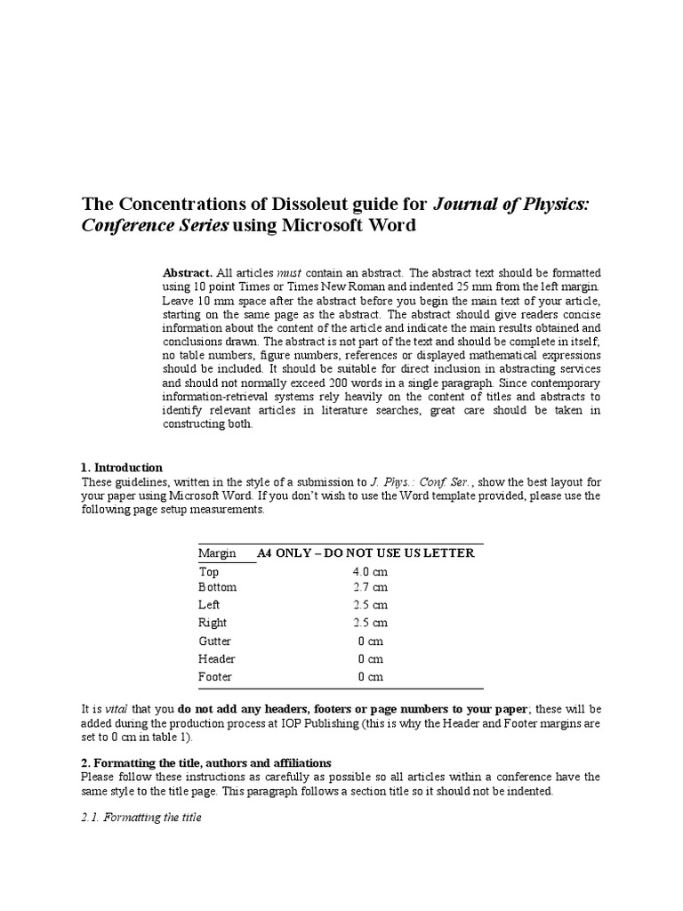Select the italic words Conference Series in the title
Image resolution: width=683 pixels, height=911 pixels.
(156, 226)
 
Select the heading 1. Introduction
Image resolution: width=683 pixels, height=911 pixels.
(121, 467)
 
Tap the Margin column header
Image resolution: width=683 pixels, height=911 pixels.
(217, 553)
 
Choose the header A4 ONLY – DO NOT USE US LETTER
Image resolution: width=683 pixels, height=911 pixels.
(366, 553)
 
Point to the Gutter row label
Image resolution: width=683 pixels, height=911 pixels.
(214, 641)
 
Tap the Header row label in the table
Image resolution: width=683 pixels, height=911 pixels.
(216, 658)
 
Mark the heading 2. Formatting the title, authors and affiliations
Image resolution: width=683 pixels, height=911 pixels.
(205, 762)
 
